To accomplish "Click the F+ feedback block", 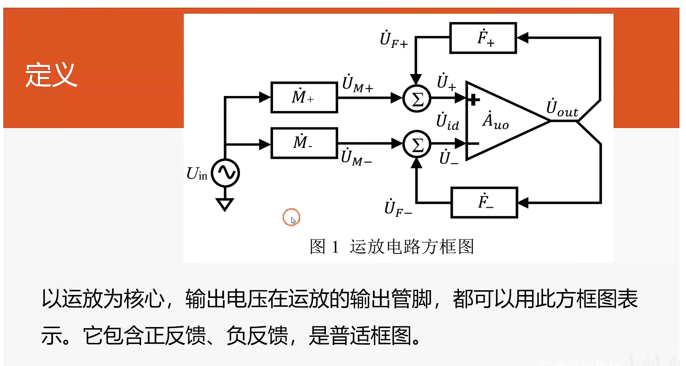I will (483, 38).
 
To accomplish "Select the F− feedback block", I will (484, 202).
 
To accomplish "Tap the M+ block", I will (304, 97).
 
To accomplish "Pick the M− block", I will (304, 143).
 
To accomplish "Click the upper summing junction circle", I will (417, 98).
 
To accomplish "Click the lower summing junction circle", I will (417, 144).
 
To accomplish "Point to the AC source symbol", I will (225, 173).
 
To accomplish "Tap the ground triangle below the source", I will (225, 204).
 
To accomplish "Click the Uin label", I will (197, 174).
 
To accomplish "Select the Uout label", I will (562, 108).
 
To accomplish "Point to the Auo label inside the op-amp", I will (495, 121).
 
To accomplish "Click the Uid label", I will (448, 122).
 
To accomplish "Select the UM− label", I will (356, 157).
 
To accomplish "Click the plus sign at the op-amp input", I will (474, 99).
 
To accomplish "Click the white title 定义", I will (51, 75).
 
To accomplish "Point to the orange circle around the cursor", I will (291, 217).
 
